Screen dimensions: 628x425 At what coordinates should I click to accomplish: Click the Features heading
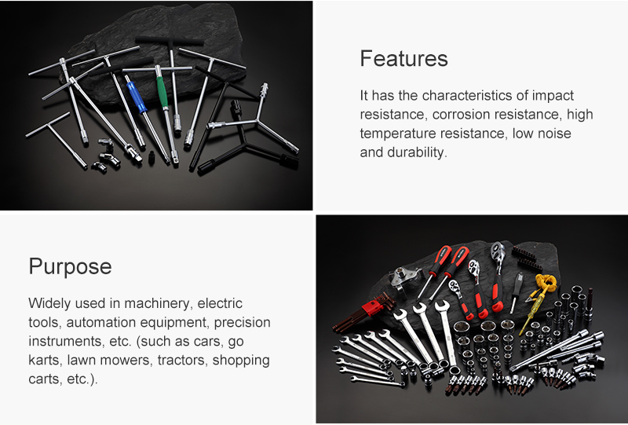403,59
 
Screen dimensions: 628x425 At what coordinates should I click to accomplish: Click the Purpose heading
70,266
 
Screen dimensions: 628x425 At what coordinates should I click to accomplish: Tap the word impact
553,96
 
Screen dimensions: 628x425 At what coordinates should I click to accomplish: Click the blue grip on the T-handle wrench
136,97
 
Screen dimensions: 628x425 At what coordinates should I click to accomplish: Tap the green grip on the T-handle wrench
162,92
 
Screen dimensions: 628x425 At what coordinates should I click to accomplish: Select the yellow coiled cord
546,283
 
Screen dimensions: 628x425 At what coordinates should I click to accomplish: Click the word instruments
65,342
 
